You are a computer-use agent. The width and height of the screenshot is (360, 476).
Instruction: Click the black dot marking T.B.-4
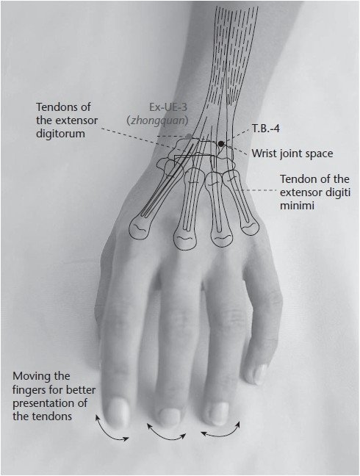[x=221, y=143]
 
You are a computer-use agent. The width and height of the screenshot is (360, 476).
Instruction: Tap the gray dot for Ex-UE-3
[x=189, y=136]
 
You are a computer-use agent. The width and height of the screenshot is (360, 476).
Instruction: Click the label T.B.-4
[x=266, y=129]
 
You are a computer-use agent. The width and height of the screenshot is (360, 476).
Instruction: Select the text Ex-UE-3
[x=168, y=107]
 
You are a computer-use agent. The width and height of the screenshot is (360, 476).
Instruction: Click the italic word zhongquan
[x=157, y=120]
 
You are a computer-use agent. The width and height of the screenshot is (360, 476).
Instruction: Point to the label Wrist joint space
[x=292, y=154]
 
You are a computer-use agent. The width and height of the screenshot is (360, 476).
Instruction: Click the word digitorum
[x=61, y=134]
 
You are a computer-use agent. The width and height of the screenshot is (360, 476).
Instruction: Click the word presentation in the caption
[x=50, y=403]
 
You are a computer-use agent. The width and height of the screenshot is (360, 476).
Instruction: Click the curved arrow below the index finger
[x=109, y=433]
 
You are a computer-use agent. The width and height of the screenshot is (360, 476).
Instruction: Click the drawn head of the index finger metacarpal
[x=140, y=229]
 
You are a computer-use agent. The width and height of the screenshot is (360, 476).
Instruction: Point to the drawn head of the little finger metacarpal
[x=250, y=226]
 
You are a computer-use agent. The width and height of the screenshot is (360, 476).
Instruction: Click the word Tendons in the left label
[x=56, y=107]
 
